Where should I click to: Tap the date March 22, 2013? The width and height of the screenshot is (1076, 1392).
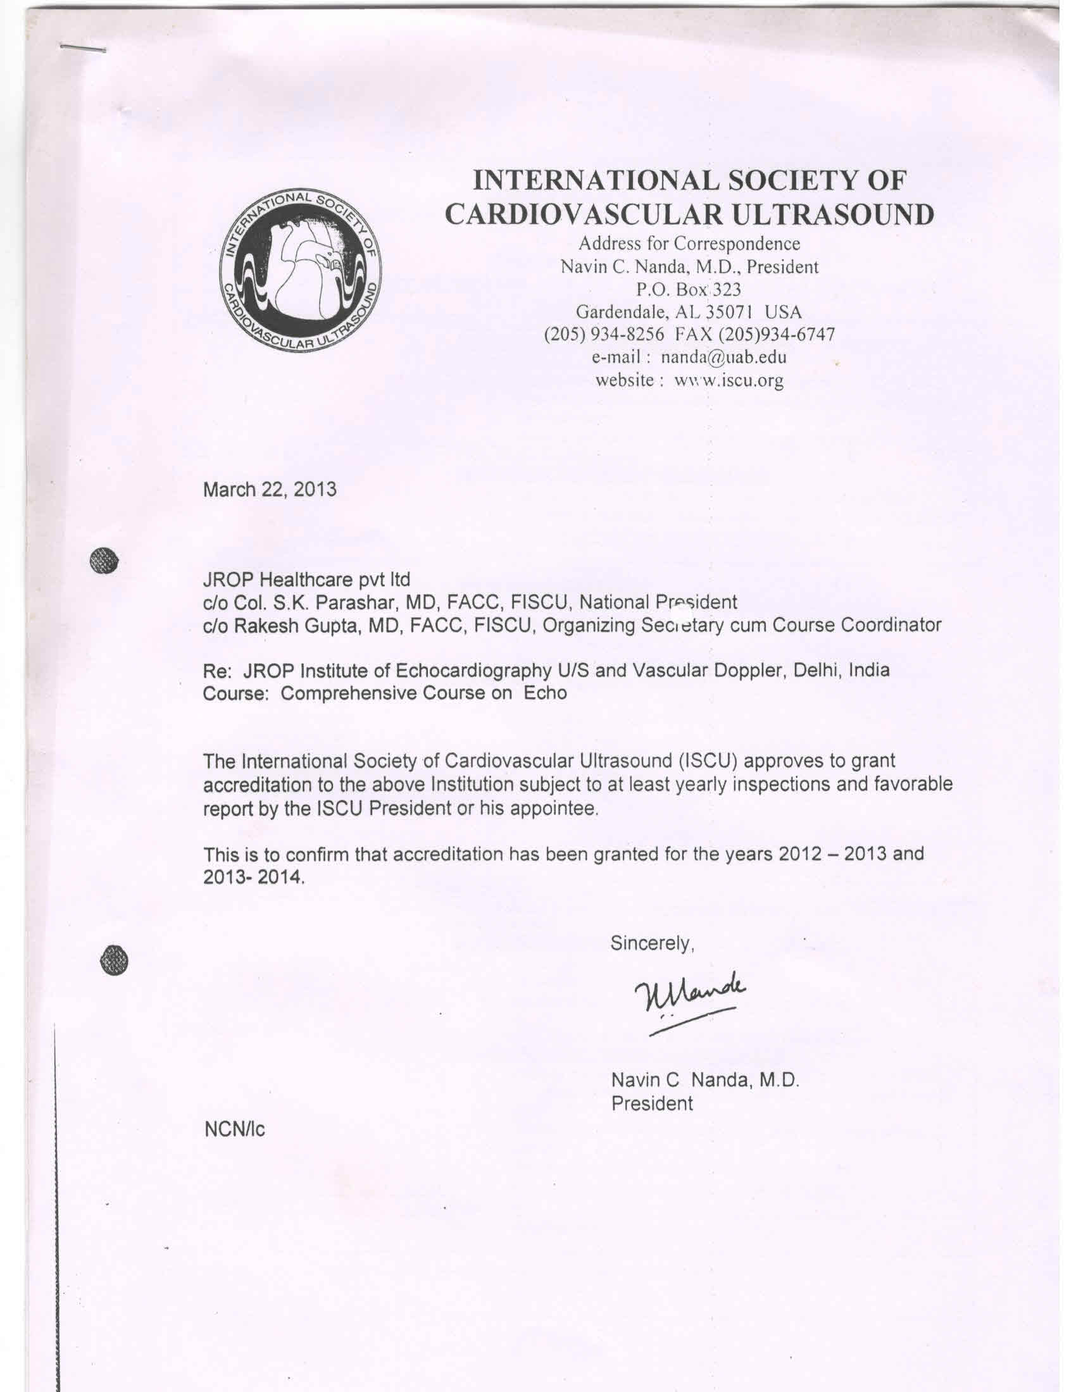click(269, 489)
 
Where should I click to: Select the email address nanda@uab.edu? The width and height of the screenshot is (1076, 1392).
click(723, 356)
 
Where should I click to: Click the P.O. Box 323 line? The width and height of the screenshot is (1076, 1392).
click(689, 289)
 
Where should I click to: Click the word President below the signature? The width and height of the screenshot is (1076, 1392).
click(651, 1103)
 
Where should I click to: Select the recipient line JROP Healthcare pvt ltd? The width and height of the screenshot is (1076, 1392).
click(306, 580)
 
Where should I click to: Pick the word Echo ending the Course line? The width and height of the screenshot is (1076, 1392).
click(545, 693)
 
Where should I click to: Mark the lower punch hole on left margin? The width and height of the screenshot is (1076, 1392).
click(114, 959)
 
